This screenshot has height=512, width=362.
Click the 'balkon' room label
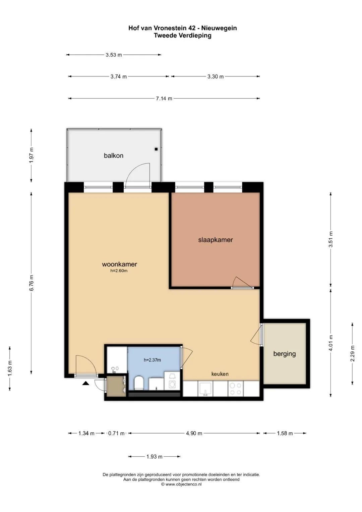tap(113, 156)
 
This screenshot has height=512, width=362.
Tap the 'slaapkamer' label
tap(215, 240)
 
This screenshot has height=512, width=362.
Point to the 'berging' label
tap(284, 354)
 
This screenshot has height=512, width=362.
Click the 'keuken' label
tap(220, 374)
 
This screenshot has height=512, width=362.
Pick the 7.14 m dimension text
tap(164, 99)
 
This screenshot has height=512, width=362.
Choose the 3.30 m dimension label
tap(215, 76)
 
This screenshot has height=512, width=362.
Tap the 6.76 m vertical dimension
tap(32, 283)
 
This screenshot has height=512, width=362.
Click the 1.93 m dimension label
tap(154, 457)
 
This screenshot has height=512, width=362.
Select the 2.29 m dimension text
tap(352, 353)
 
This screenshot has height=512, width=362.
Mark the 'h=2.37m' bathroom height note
tap(152, 360)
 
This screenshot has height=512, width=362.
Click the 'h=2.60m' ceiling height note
tap(119, 271)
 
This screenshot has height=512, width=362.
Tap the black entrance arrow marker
tap(86, 383)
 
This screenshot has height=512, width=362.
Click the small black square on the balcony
tap(156, 149)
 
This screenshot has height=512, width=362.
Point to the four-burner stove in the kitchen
tap(235, 389)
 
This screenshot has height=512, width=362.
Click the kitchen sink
tap(205, 389)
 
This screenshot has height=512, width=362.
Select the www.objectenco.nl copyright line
tap(181, 484)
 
